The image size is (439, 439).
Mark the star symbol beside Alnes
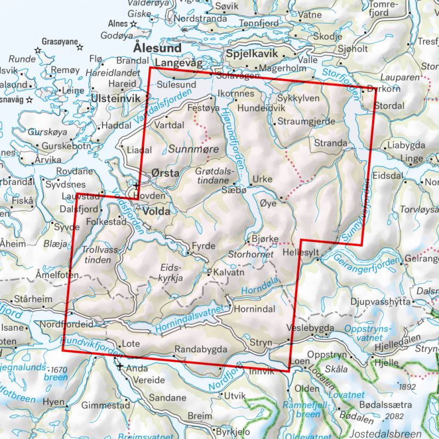(134, 24)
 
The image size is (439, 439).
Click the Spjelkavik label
(252, 55)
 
